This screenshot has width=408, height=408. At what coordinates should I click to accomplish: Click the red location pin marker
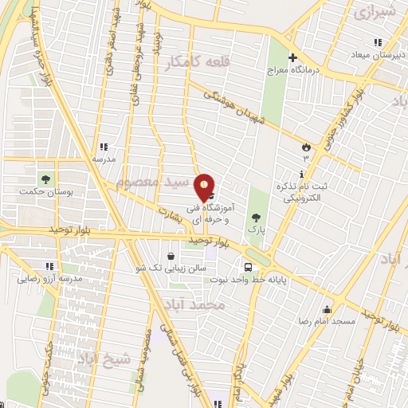point(205,186)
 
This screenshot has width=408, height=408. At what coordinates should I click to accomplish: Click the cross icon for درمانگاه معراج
point(292,57)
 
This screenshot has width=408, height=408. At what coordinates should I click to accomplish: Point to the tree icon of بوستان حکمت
point(44,177)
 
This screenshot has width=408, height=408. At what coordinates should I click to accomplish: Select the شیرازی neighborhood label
point(375,13)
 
